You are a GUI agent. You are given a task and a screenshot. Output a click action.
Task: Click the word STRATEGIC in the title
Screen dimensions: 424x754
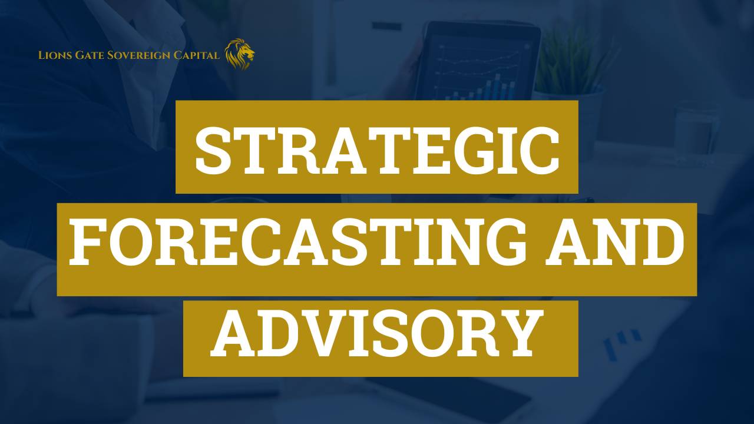pos(377,150)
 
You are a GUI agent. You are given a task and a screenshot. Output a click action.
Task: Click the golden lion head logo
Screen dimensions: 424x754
pos(240,54)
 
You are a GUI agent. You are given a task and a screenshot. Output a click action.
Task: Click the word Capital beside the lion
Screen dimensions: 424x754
pos(197,55)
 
